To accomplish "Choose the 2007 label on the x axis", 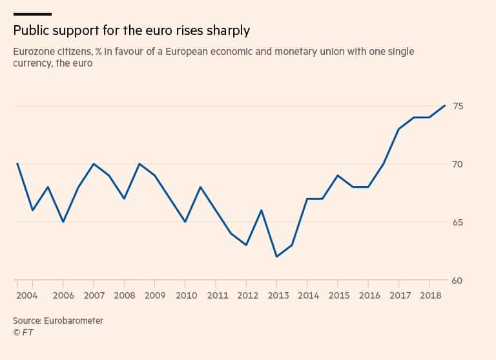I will point(94,296).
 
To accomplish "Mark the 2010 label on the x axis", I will point(185,296).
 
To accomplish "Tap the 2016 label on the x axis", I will point(369,296).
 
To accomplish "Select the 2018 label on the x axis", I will point(429,296).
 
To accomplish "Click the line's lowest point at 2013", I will point(276,257).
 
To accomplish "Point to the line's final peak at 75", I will point(445,105).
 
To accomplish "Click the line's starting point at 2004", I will point(17,164).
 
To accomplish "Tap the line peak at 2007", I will point(94,164).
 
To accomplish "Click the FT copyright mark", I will point(23,333).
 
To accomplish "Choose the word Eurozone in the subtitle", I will point(33,50).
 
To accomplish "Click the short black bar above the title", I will point(32,13).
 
